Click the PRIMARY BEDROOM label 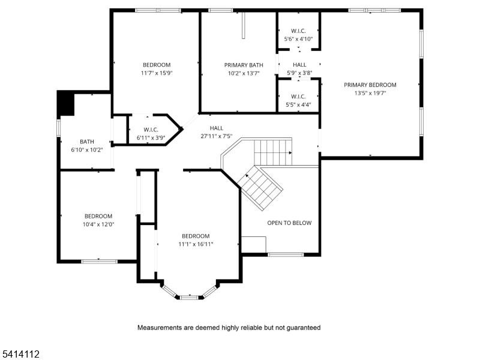point(370,85)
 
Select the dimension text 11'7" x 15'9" point(156,73)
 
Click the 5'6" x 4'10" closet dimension point(298,39)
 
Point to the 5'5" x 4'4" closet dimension point(298,105)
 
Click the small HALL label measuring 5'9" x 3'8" point(299,65)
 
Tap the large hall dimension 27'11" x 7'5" point(216,136)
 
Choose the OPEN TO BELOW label point(289,223)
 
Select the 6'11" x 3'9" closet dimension point(151,138)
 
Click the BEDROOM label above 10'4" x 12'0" point(98,216)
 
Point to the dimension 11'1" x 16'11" point(196,244)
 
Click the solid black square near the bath point(65,104)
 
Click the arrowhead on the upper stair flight point(290,153)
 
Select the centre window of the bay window point(190,296)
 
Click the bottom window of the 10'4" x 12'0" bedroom point(99,261)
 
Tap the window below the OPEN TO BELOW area point(286,255)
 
